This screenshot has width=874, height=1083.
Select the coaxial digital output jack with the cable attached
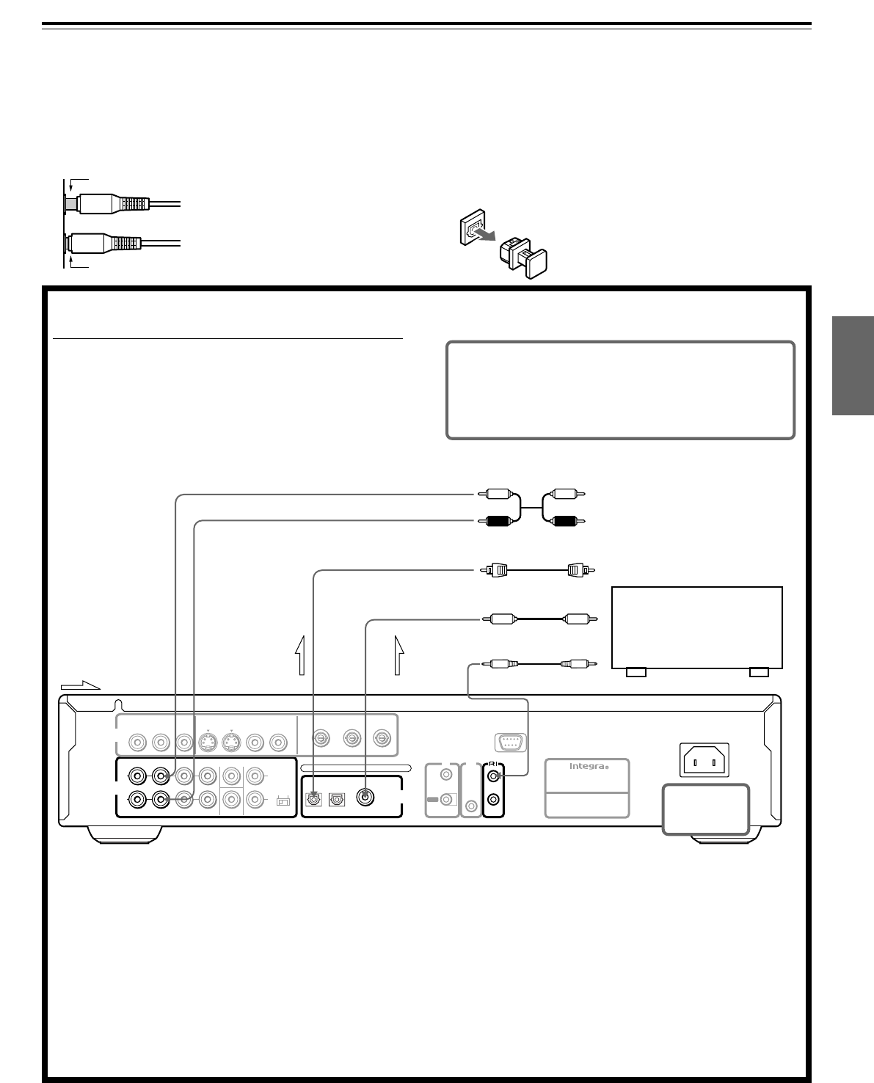pos(365,798)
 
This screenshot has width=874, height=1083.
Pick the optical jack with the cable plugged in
pos(313,799)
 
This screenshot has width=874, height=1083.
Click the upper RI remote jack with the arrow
pos(495,778)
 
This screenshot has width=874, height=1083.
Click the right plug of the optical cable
pos(580,569)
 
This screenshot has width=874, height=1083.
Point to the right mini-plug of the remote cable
pos(576,663)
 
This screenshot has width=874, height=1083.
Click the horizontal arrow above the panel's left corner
pos(79,685)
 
